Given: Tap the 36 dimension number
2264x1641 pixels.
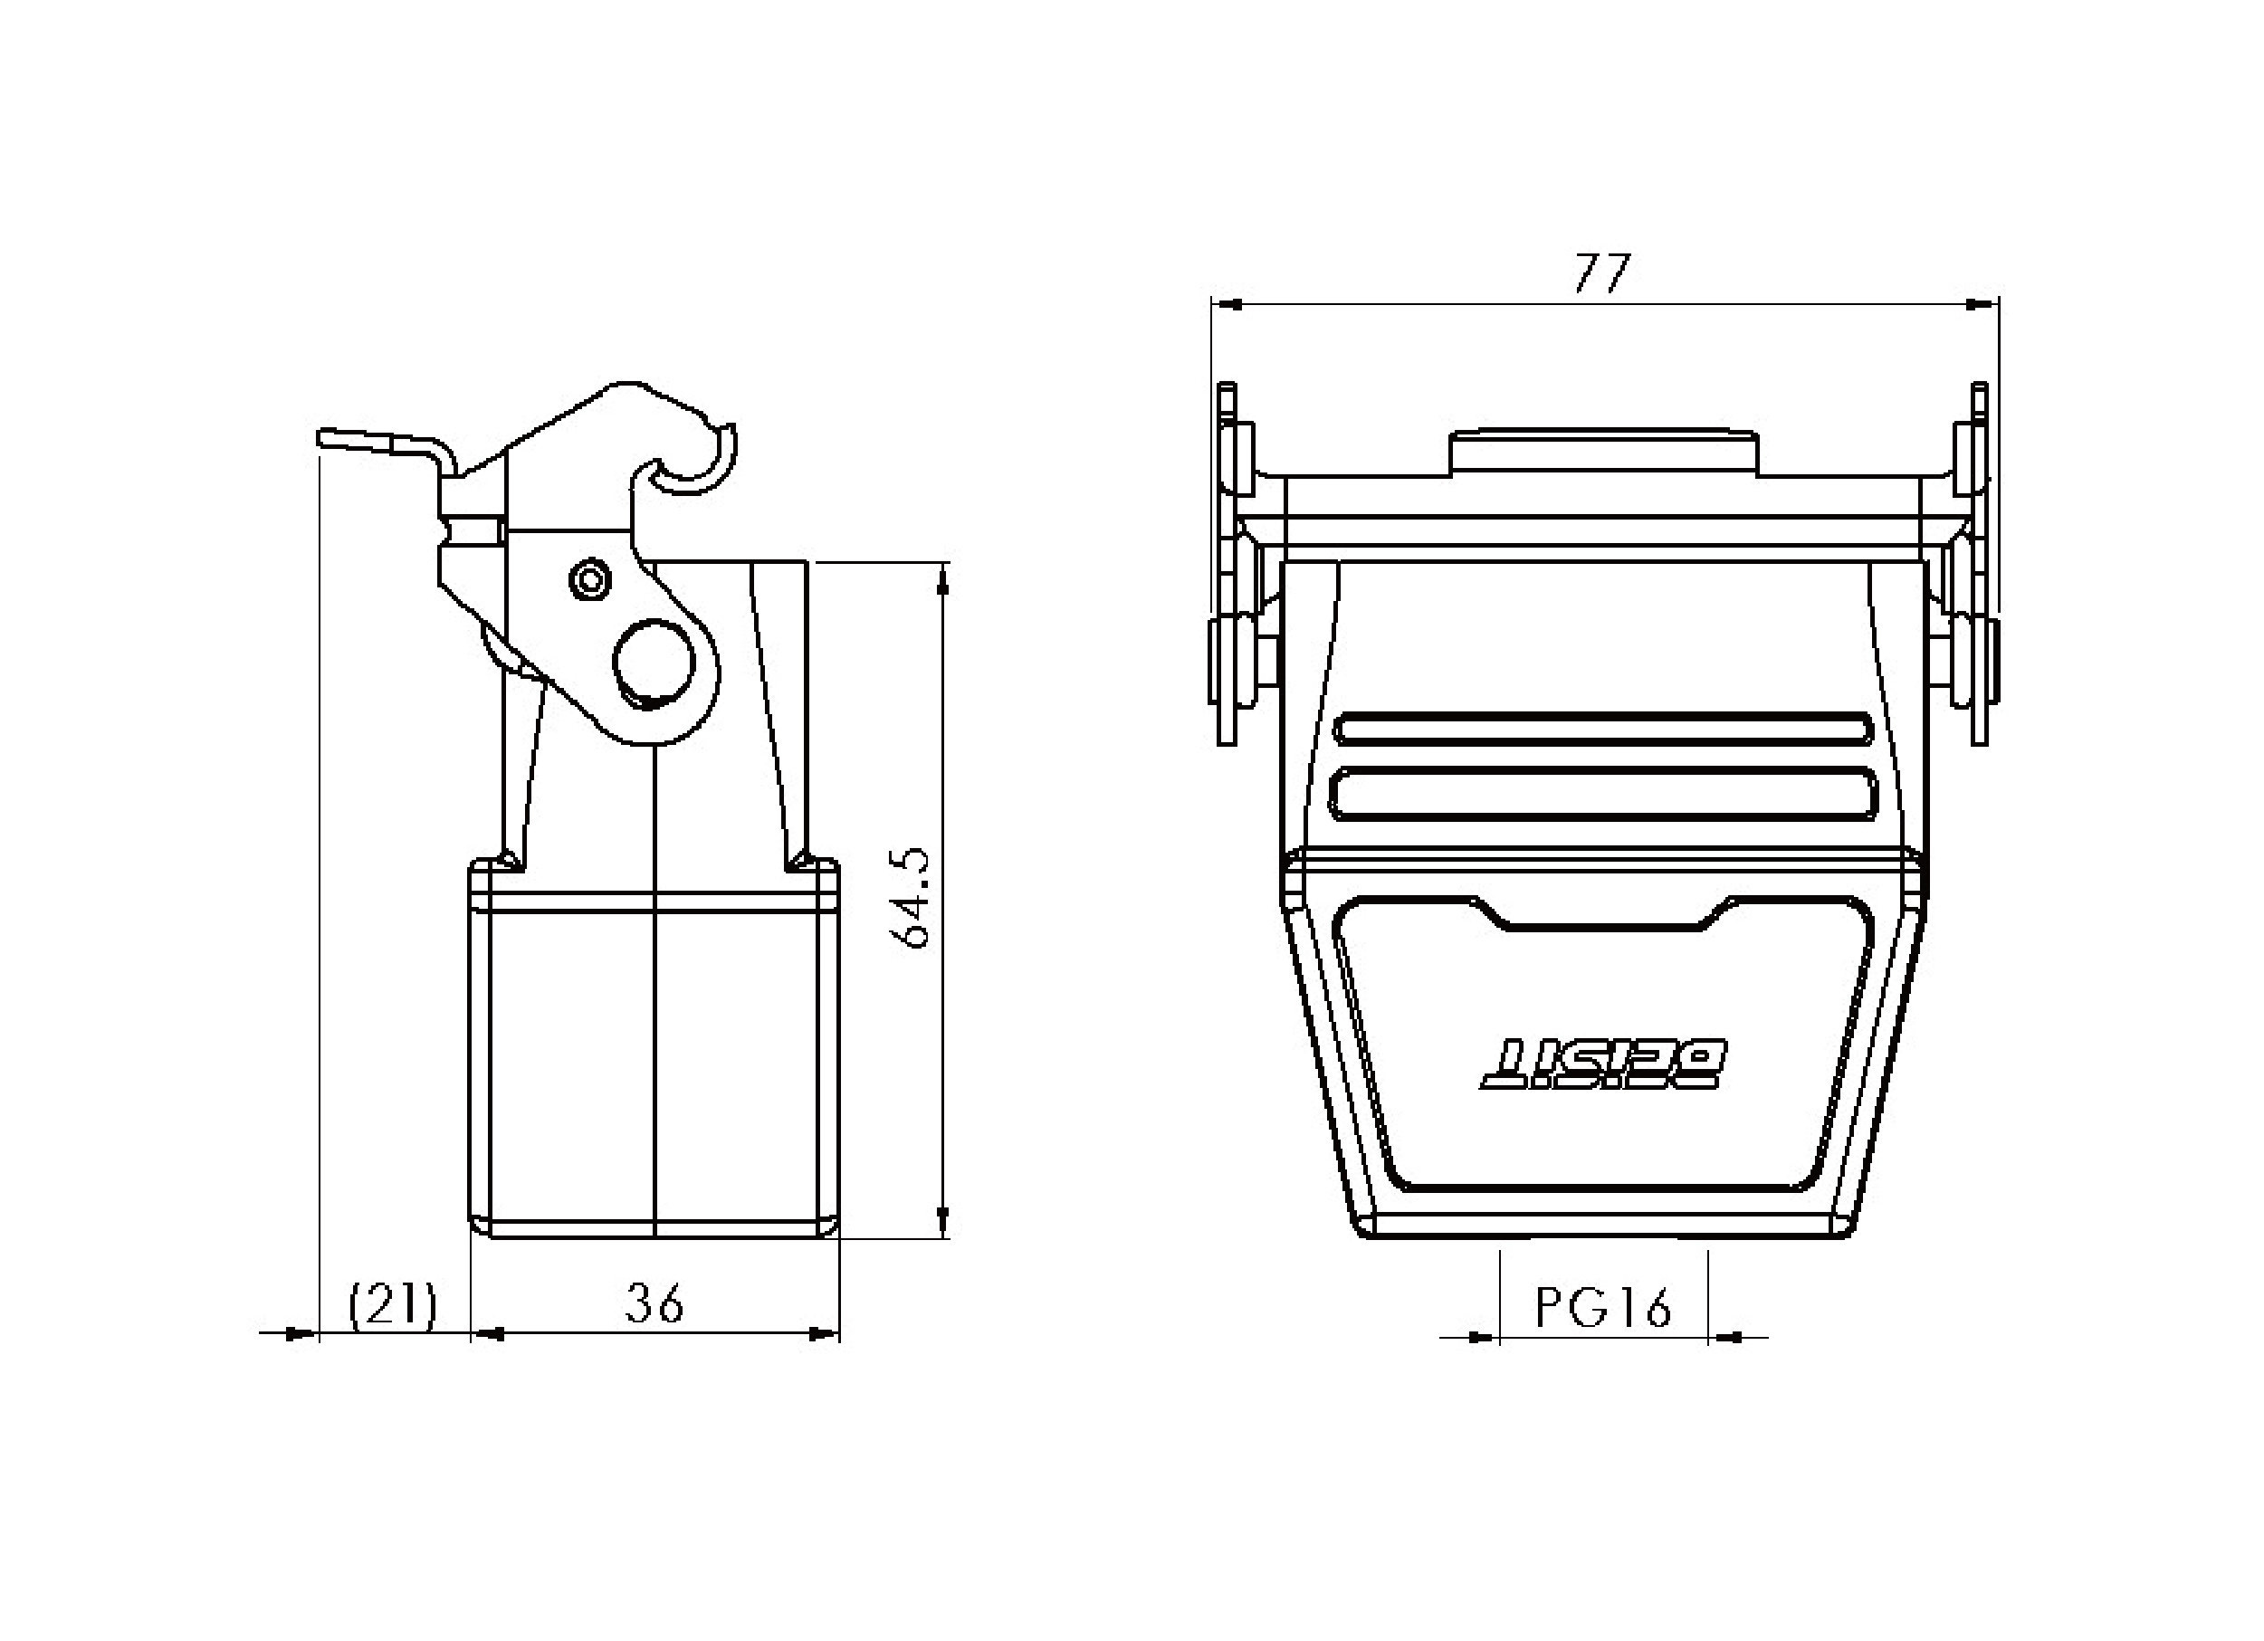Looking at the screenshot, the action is coord(654,1302).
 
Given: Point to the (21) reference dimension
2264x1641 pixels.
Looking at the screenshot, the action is coord(392,1304).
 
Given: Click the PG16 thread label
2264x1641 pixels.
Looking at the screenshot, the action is coord(1603,1308).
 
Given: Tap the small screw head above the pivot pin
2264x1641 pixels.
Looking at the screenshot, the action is coord(588,579).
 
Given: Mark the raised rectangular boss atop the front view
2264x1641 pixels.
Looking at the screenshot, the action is coord(1603,453).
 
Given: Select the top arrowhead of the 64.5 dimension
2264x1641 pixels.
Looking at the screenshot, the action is coord(943,580).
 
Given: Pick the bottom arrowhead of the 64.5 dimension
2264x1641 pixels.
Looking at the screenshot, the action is coord(943,1221).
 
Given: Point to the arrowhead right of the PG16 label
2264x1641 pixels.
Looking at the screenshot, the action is coord(1724,1337).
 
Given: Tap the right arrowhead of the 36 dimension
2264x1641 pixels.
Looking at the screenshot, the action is coord(823,1331).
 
